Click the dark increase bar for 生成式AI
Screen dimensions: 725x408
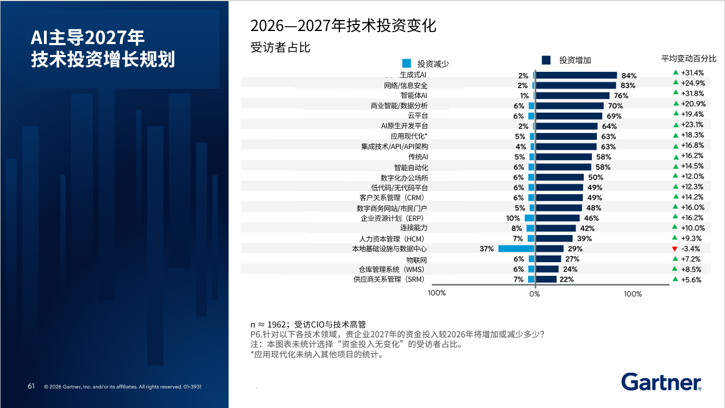click(576, 75)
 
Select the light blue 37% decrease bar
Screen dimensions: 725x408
click(516, 249)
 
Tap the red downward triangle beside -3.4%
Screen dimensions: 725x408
click(674, 249)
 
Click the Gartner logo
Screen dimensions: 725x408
click(661, 382)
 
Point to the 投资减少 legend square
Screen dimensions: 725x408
click(407, 63)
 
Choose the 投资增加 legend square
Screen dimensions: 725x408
click(546, 60)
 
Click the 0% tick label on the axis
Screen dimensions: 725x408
click(535, 294)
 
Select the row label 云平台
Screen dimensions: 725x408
click(418, 115)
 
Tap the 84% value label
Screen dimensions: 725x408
click(629, 76)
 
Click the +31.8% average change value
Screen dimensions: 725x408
click(692, 94)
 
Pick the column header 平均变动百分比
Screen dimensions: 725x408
click(689, 59)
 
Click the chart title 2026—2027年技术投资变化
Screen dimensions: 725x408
click(343, 26)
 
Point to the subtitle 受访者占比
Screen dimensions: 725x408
click(280, 47)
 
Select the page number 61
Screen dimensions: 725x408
click(31, 386)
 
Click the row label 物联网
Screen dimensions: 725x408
click(417, 260)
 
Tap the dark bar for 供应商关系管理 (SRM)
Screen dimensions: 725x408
click(546, 279)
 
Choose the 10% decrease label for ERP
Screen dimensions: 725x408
click(513, 218)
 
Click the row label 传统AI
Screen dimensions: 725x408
click(418, 157)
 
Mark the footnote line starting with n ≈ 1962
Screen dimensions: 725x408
click(308, 324)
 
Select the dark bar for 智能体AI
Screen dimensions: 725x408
click(572, 96)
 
